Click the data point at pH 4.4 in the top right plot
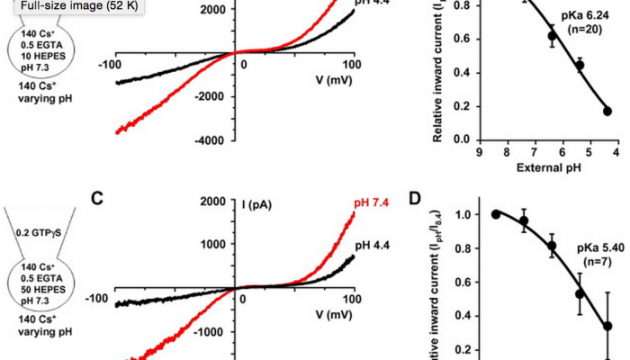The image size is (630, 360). pos(607,111)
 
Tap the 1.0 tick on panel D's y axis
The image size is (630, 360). pos(463,214)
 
